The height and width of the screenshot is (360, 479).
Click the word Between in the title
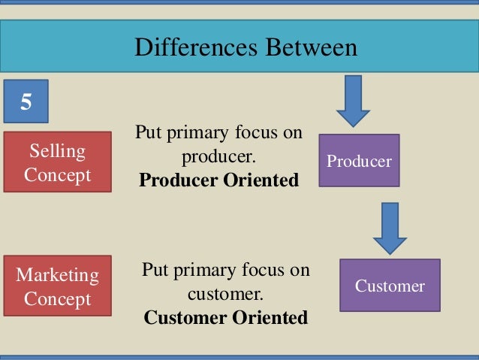[306, 47]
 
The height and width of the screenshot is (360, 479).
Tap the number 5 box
[26, 101]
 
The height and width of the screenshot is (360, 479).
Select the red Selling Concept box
[57, 162]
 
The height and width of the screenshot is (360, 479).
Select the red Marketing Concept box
[57, 286]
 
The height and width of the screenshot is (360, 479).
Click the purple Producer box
[359, 161]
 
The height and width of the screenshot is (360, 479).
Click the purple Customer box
[390, 286]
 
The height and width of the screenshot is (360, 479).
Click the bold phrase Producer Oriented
[218, 180]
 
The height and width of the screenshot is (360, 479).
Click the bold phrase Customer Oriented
[225, 317]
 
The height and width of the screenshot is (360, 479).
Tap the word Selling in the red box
[57, 151]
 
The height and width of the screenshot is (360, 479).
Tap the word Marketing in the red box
[57, 275]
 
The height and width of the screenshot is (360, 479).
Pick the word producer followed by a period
[220, 157]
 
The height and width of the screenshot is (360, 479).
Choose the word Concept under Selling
[57, 175]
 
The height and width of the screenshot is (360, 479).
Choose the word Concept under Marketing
[57, 299]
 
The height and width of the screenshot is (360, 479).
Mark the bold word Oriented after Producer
[261, 180]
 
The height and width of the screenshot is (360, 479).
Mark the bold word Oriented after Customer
[268, 317]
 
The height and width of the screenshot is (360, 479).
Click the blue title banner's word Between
[306, 47]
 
